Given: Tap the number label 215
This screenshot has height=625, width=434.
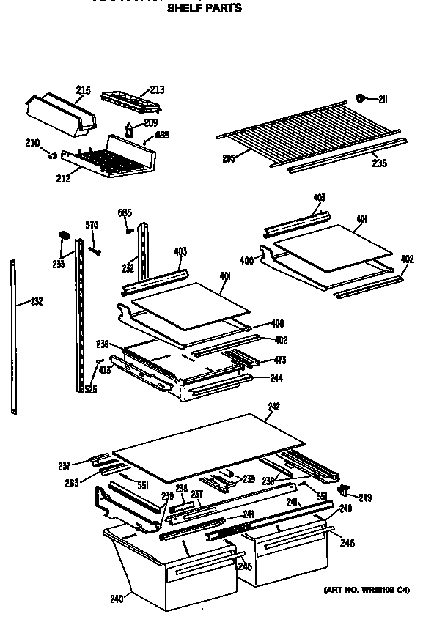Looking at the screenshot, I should [83, 91].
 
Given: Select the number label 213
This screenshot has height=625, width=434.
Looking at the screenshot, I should [157, 90].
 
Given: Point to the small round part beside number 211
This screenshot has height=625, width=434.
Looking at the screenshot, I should [361, 98].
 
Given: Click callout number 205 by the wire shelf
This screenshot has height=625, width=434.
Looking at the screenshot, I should [229, 158].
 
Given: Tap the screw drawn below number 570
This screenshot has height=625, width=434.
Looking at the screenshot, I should [94, 250].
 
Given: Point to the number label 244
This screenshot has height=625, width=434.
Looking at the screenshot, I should [276, 378].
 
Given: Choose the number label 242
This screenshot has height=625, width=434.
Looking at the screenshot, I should [273, 407].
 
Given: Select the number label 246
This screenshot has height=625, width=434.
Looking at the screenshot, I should [347, 543].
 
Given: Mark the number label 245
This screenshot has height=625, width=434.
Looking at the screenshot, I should [245, 566].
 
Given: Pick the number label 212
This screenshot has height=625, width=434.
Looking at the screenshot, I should [64, 177].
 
